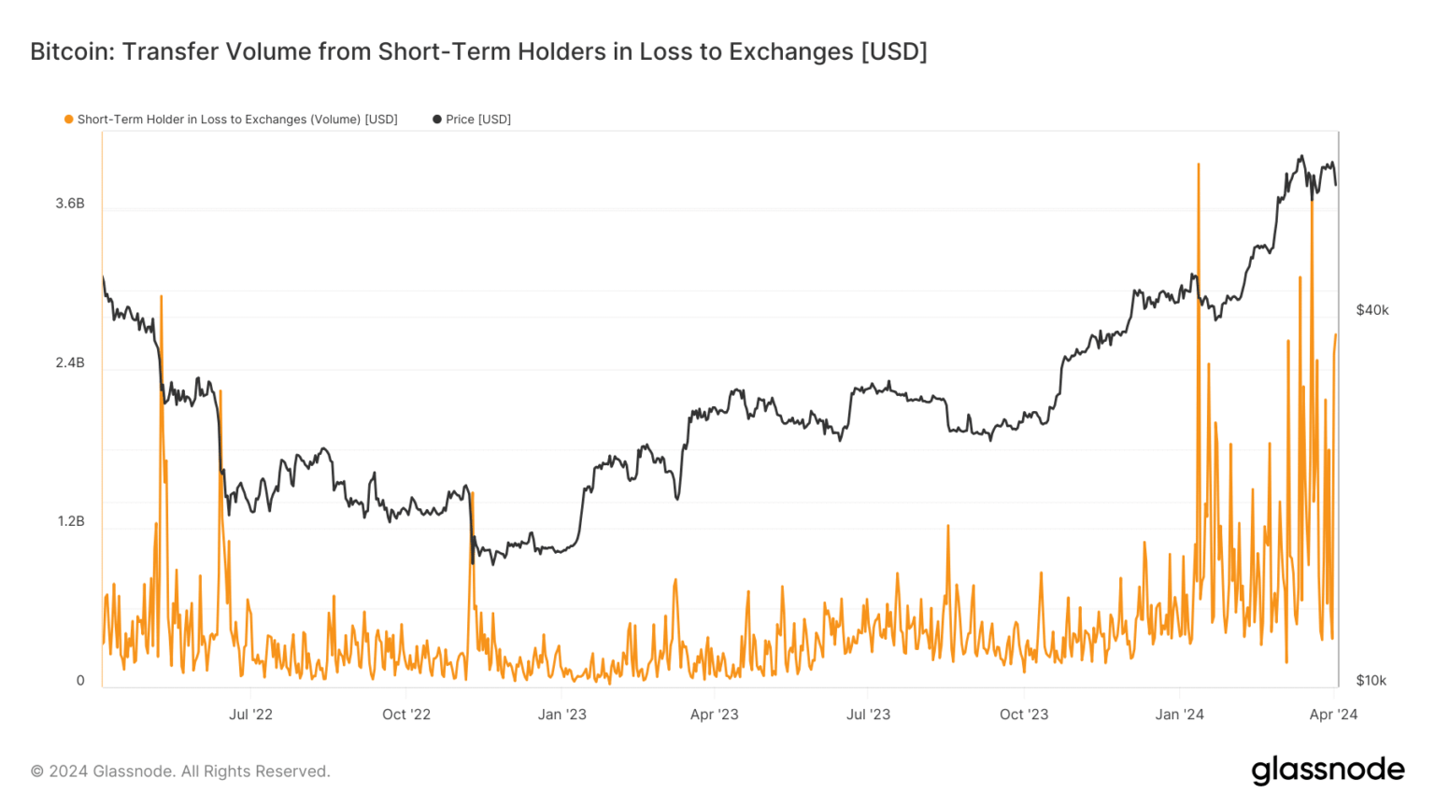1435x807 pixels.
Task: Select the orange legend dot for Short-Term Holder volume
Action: tap(68, 120)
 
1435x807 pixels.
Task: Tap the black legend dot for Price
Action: tap(436, 120)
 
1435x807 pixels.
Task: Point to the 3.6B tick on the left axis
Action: tap(70, 204)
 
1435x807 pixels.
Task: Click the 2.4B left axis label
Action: tap(70, 362)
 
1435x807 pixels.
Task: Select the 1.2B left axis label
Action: tap(71, 521)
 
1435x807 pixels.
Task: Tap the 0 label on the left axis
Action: tap(80, 681)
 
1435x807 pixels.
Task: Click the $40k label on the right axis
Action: tap(1372, 310)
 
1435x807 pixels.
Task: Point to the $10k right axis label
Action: tap(1371, 681)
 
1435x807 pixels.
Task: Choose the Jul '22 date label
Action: tap(250, 715)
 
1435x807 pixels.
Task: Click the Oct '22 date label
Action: tap(406, 715)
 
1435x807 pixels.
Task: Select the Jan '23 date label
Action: tap(562, 715)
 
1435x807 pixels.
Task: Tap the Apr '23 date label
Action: tap(715, 715)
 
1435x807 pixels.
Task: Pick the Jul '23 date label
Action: tap(868, 715)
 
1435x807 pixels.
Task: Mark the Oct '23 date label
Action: tap(1024, 715)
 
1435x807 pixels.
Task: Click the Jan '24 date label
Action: tap(1180, 715)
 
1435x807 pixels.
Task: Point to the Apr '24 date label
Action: tap(1334, 715)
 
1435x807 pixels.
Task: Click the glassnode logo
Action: tap(1328, 771)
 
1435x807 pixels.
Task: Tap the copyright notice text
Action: tap(180, 772)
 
